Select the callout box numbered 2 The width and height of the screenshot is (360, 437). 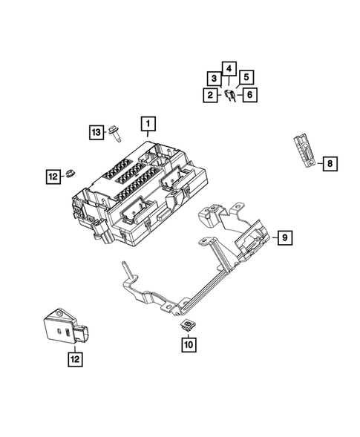click(x=212, y=94)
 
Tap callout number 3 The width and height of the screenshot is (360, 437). click(x=214, y=79)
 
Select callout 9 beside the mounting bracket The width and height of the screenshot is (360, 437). click(x=284, y=237)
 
